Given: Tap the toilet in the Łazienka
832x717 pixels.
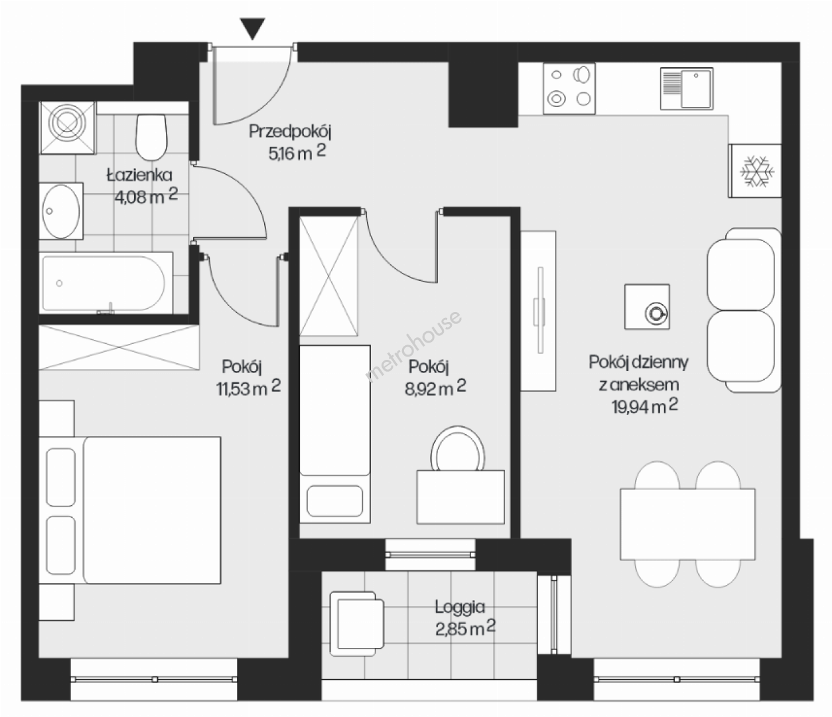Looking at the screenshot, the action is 151,137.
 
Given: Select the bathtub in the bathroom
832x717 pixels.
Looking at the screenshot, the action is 106,283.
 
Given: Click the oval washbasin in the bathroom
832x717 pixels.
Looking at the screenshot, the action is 61,211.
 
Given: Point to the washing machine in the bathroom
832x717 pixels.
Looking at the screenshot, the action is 68,127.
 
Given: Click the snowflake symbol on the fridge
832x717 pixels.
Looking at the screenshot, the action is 757,171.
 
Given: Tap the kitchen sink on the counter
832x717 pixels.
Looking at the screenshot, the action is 687,88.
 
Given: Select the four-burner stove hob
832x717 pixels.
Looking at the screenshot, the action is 569,88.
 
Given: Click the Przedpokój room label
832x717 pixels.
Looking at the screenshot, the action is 290,131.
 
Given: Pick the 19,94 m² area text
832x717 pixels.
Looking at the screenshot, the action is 646,406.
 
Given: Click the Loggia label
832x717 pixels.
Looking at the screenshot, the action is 460,607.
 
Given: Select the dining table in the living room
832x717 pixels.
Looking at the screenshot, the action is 687,524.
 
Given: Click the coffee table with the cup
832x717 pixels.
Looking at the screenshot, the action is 648,307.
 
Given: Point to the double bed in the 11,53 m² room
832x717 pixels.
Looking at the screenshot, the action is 130,511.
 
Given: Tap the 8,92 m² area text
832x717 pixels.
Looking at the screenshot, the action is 435,388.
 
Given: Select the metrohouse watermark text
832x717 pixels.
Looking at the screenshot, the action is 413,346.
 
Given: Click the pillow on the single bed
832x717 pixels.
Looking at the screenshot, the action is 334,501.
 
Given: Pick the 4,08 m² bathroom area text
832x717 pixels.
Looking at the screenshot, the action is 146,196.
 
